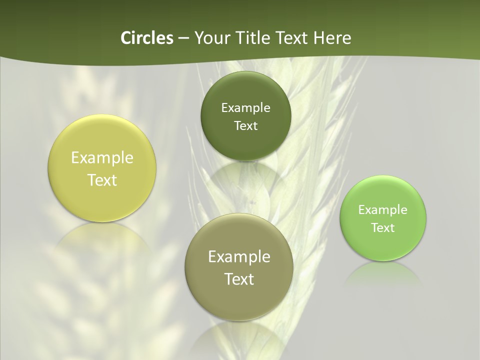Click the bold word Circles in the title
[x=146, y=38]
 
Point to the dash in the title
[x=183, y=38]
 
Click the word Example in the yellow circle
[x=102, y=158]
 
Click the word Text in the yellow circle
[x=102, y=180]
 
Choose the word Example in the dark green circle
[x=245, y=108]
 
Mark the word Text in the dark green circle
[x=245, y=126]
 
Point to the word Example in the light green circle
[x=383, y=210]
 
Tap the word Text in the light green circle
[x=383, y=228]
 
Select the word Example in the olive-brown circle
[x=239, y=257]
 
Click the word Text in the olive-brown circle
[x=239, y=279]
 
